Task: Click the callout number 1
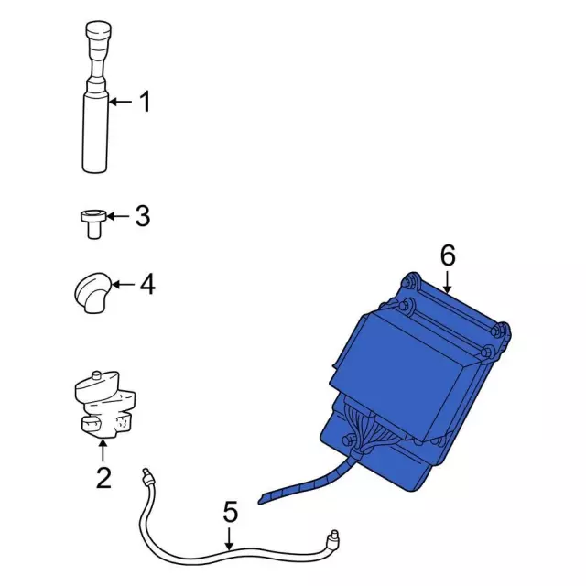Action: (145, 102)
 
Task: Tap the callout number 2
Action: (103, 478)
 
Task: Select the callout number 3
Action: (143, 216)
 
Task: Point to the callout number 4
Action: (147, 285)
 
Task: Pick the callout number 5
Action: (230, 512)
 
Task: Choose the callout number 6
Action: (448, 255)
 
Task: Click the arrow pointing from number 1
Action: (120, 102)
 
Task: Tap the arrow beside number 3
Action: (118, 216)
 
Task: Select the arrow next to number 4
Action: (123, 285)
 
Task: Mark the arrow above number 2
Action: (103, 450)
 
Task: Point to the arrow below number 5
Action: (230, 539)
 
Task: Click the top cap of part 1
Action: (99, 29)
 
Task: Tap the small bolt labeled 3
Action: (93, 223)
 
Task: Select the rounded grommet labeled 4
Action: (92, 293)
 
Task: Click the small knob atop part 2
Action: (96, 375)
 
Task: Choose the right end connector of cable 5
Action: (332, 537)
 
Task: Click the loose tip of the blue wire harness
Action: (260, 501)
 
